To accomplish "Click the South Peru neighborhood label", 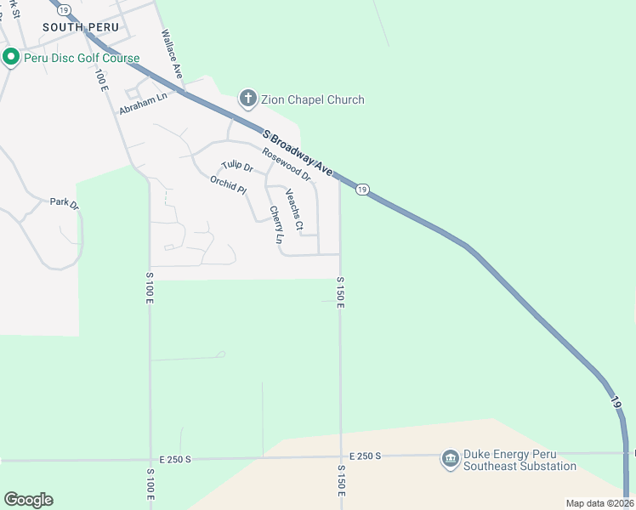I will tap(81, 27).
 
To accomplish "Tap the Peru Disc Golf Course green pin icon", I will tap(11, 58).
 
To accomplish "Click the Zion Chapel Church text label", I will tap(314, 99).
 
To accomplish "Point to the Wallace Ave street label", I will tap(173, 55).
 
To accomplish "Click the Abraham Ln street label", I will tap(143, 104).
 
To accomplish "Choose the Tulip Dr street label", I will tap(237, 167).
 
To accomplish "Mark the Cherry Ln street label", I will tap(275, 225).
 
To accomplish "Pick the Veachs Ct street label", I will tap(294, 209).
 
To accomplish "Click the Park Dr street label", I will tap(64, 203).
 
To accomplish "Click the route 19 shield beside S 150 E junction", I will tap(362, 189).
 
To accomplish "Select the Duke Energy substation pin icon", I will tap(450, 460).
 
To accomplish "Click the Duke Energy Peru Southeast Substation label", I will tap(520, 460).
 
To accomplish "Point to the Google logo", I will tap(28, 500).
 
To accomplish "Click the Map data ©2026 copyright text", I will tap(599, 503).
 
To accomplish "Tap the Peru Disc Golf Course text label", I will tap(82, 58).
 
